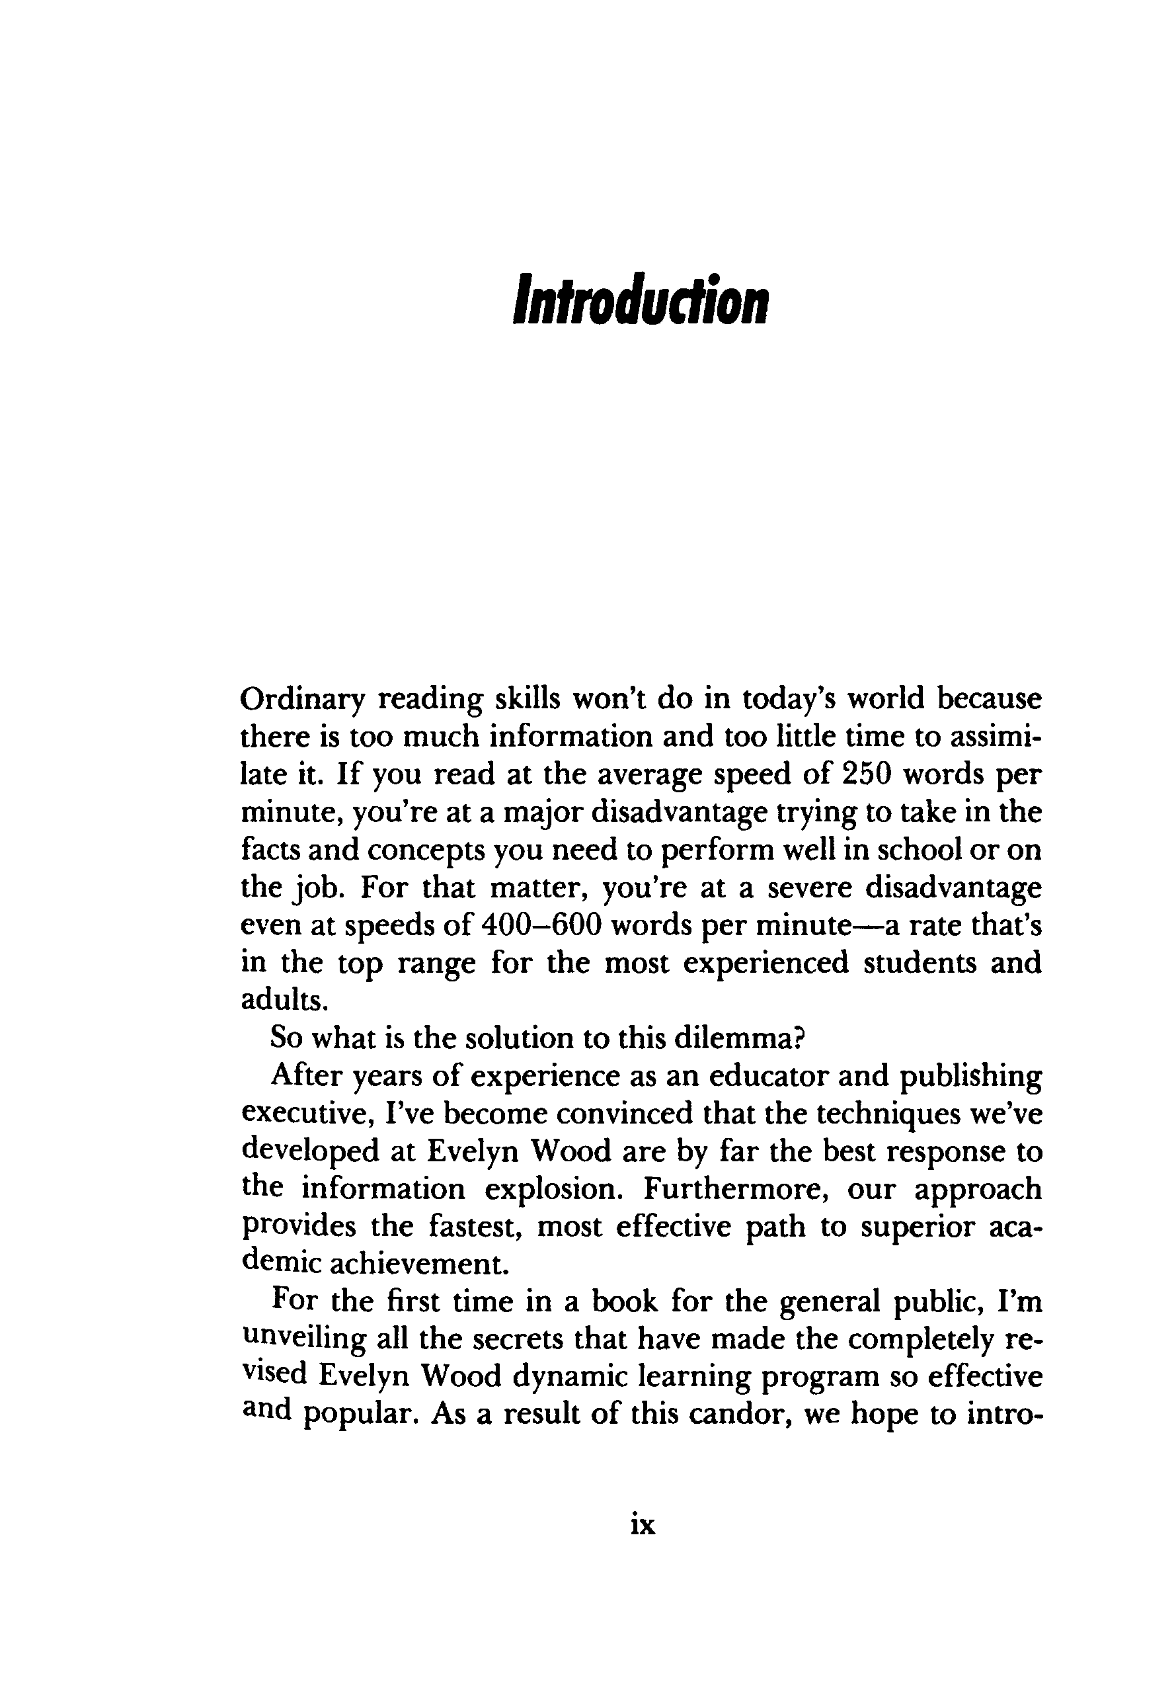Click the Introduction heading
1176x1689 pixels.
click(639, 300)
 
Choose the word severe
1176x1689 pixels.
click(809, 887)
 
